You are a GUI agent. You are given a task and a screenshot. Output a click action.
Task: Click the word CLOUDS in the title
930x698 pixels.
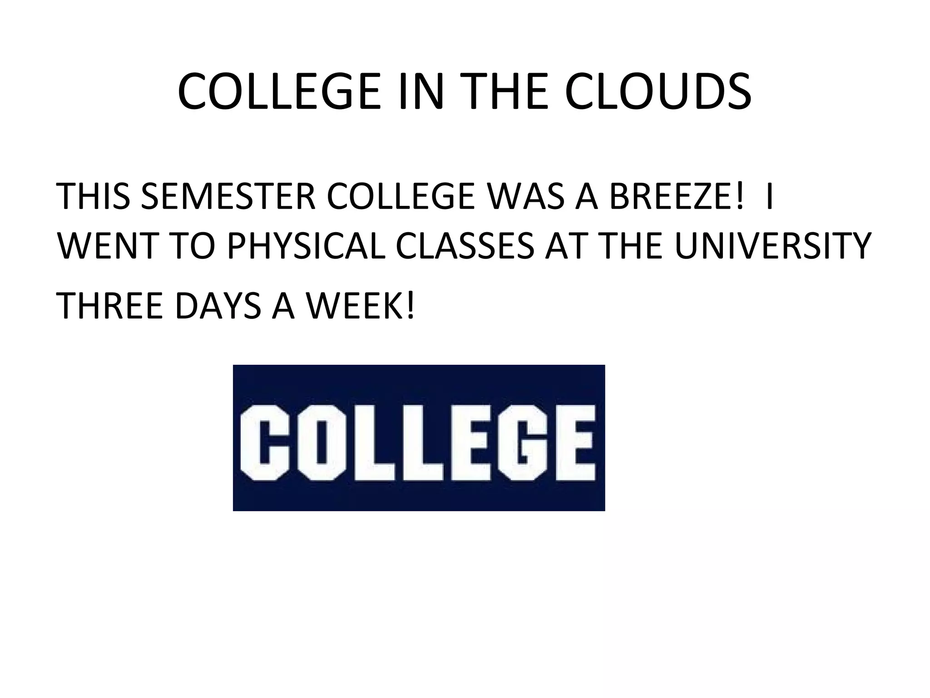658,92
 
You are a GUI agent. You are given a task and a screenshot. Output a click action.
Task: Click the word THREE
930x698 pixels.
111,305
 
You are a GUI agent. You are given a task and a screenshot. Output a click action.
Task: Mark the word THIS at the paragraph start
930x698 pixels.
94,196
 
